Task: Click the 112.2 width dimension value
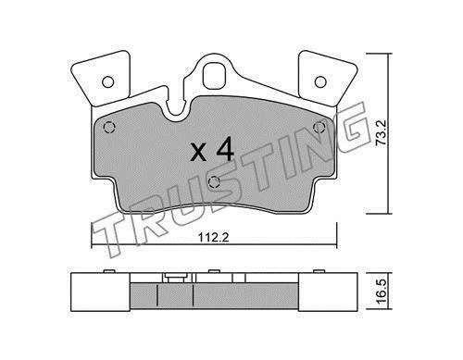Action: (213, 238)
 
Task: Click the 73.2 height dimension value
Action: (381, 133)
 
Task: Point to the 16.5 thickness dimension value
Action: (381, 292)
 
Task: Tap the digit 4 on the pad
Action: (224, 150)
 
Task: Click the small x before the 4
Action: (198, 154)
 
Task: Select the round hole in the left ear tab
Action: (108, 81)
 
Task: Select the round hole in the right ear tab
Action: (320, 81)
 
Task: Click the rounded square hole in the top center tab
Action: (215, 76)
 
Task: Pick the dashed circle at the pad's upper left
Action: (109, 128)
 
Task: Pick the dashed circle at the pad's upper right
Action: (319, 127)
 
